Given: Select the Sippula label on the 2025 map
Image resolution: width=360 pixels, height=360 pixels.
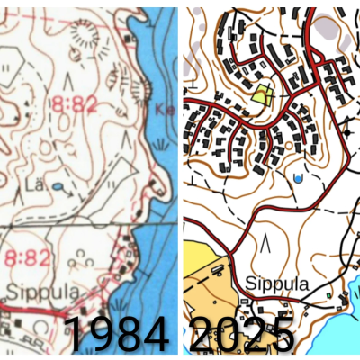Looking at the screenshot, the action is pos(275,284).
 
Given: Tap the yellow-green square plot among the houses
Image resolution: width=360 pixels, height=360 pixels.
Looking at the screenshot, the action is pos(262,94).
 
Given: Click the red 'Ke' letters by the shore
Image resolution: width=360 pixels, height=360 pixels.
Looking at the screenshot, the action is pos(164,111).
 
